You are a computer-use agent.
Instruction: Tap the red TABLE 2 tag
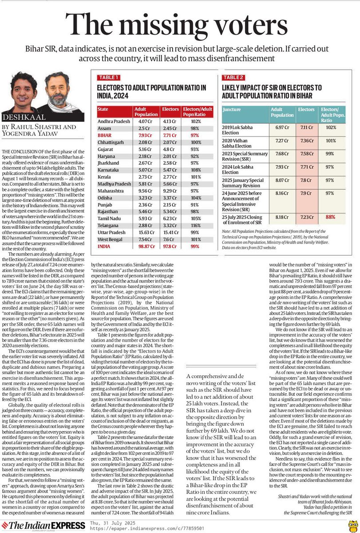233,77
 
